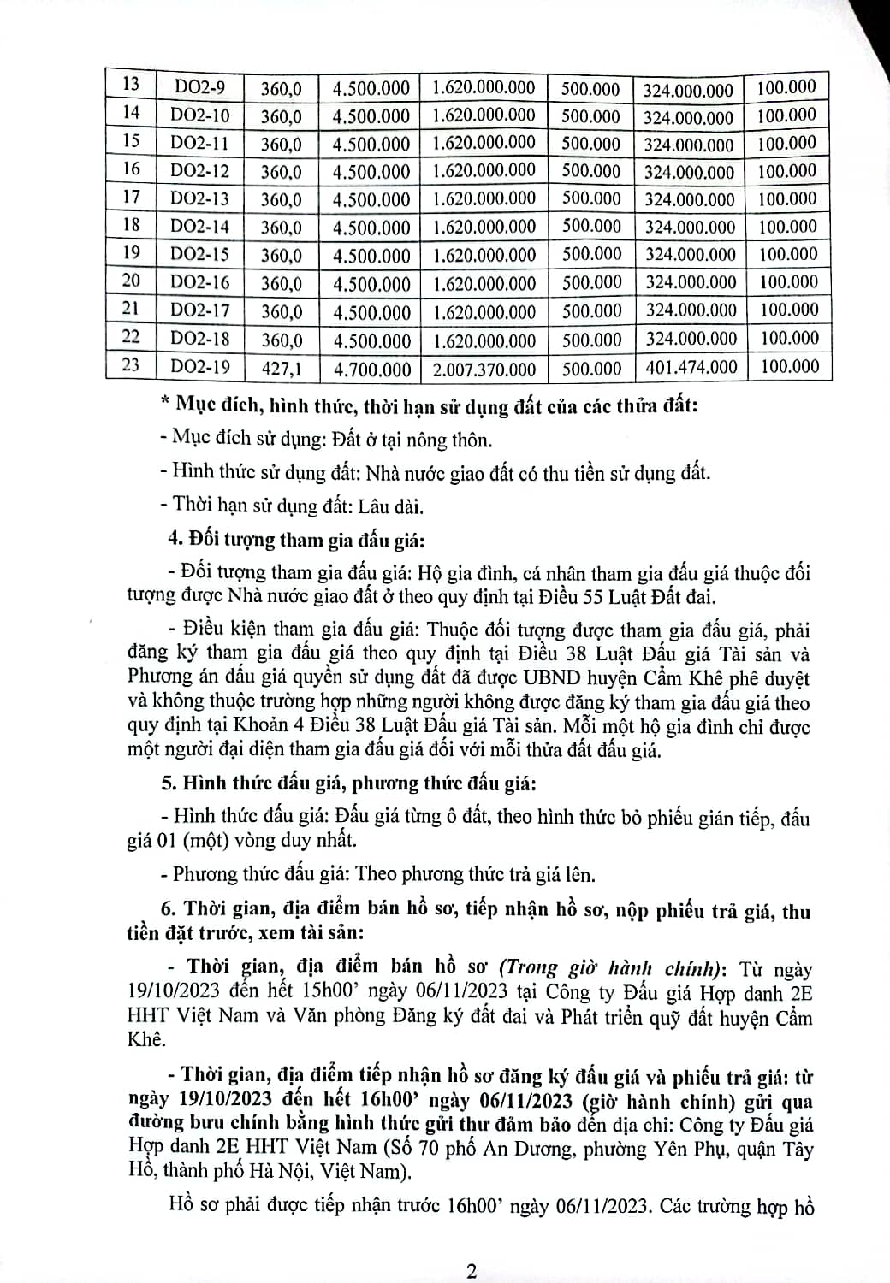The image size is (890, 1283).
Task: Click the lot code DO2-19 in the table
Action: click(x=200, y=367)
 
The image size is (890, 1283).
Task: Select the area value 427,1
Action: click(x=282, y=369)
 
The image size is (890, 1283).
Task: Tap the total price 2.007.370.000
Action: click(x=484, y=370)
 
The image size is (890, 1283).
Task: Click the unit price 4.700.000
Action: click(x=372, y=370)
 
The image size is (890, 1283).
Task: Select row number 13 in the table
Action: click(x=131, y=84)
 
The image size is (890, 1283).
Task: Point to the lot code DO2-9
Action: click(x=200, y=86)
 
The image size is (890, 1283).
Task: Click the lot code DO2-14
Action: click(x=200, y=227)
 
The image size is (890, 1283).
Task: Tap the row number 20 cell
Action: click(x=131, y=281)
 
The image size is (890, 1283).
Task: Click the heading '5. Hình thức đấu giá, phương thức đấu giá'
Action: click(x=359, y=783)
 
